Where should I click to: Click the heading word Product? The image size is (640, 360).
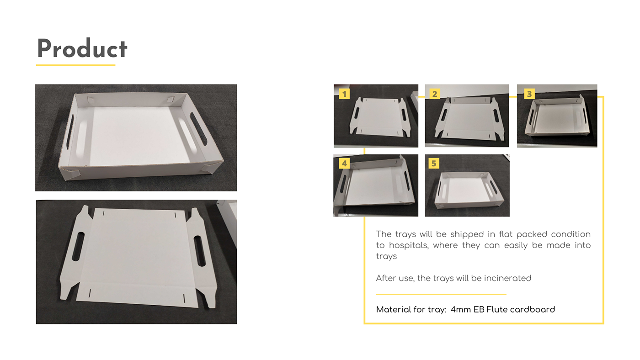click(82, 48)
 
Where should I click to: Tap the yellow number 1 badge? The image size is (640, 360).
click(344, 94)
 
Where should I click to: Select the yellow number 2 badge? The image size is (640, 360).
click(435, 94)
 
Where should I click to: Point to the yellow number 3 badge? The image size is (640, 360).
click(529, 94)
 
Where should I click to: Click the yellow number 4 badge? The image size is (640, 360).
click(344, 164)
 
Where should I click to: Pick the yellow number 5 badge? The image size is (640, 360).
click(434, 164)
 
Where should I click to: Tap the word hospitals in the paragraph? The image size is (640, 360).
click(409, 245)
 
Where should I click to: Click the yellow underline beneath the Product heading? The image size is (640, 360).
click(76, 65)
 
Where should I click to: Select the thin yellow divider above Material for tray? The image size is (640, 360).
click(441, 294)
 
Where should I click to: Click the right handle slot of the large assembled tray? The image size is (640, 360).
click(198, 128)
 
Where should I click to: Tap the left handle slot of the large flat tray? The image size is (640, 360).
click(78, 246)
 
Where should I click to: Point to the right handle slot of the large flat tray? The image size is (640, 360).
click(200, 251)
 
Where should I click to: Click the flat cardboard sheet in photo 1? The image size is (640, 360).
click(380, 116)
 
